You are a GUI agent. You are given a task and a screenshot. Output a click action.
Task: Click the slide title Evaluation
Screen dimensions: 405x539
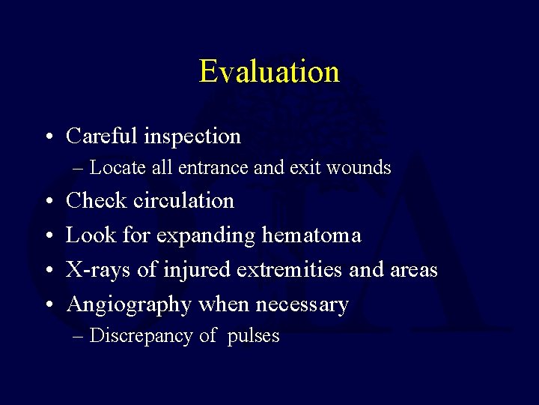point(269,72)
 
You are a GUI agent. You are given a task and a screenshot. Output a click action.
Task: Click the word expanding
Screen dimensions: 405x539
point(200,235)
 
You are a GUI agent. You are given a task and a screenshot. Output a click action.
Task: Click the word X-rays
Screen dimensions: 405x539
point(97,269)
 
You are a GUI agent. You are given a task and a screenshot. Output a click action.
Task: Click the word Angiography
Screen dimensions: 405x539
point(130,304)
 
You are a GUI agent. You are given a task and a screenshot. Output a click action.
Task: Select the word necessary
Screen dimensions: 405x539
point(302,305)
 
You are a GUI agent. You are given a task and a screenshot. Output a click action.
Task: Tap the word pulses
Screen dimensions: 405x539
point(253,336)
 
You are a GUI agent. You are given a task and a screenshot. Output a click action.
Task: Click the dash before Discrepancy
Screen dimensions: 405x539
point(79,336)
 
